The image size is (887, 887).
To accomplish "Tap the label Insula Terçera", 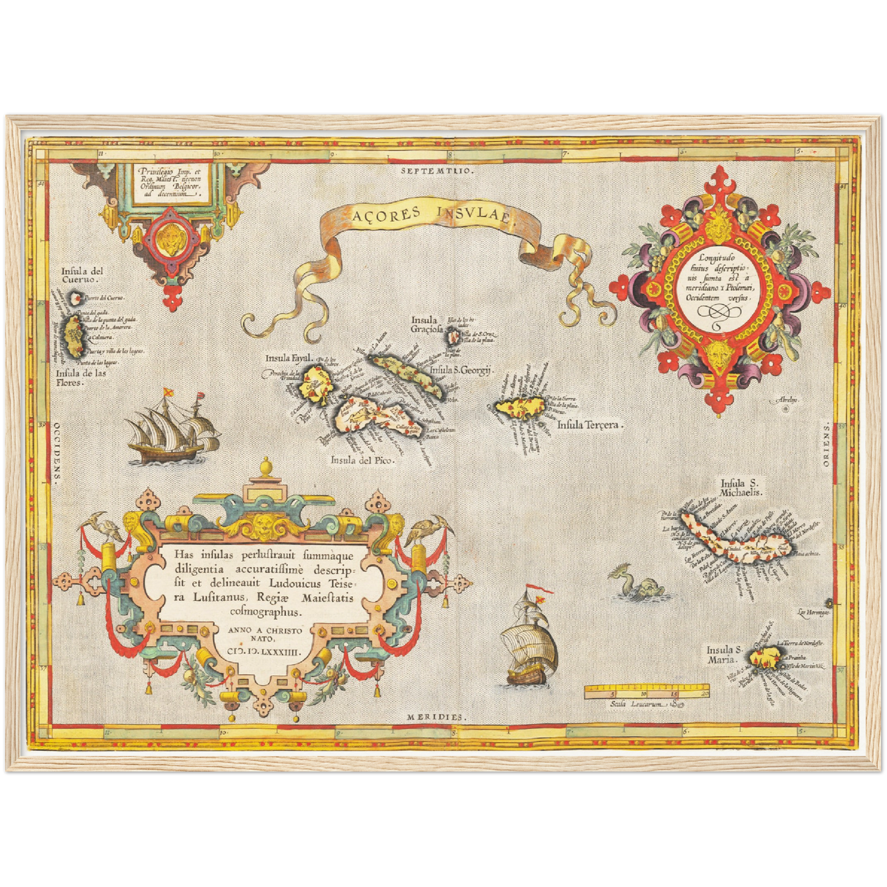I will click(589, 424).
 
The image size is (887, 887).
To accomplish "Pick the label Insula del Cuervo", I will click(82, 275).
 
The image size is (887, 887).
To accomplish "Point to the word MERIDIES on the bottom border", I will click(436, 716).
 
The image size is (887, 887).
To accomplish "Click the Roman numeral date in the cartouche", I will click(265, 654).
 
